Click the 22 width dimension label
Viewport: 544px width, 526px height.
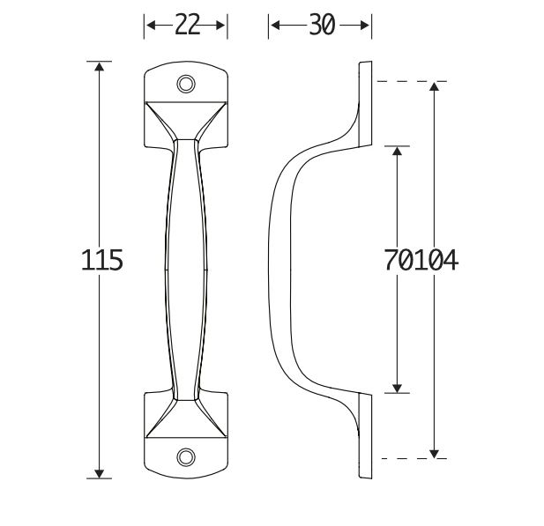point(186,26)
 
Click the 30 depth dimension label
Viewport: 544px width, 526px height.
point(321,26)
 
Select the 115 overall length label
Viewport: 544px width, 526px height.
point(101,261)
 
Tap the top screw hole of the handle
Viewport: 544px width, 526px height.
point(186,84)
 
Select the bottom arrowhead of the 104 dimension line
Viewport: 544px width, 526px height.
point(434,453)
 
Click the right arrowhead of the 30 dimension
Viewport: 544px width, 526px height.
point(365,26)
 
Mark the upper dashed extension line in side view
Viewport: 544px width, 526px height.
point(411,81)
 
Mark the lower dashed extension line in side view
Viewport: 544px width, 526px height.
point(411,459)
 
